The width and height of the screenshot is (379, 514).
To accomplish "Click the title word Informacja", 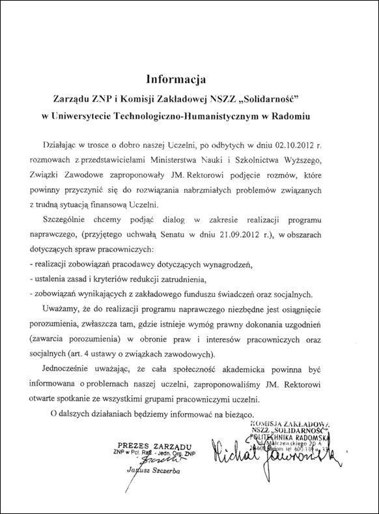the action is coord(176,80).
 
